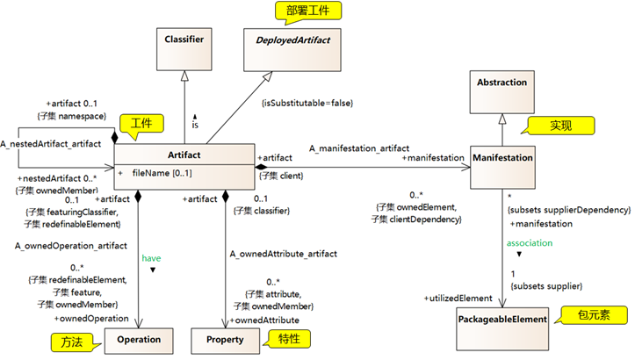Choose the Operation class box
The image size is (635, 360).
140,339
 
